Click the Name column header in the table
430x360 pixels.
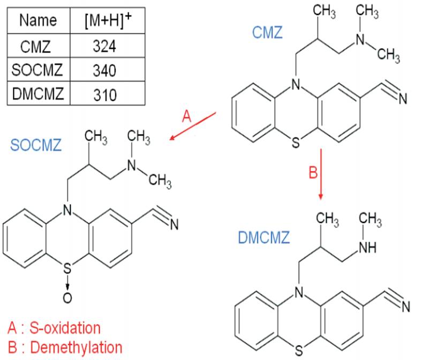[x=37, y=20]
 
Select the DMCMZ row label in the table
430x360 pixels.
[x=37, y=94]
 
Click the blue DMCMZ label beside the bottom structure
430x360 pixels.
[x=264, y=237]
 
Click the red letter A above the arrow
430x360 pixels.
[x=187, y=116]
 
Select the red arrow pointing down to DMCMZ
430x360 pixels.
[x=321, y=175]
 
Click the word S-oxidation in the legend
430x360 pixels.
[x=65, y=328]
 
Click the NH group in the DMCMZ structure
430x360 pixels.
[x=368, y=248]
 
